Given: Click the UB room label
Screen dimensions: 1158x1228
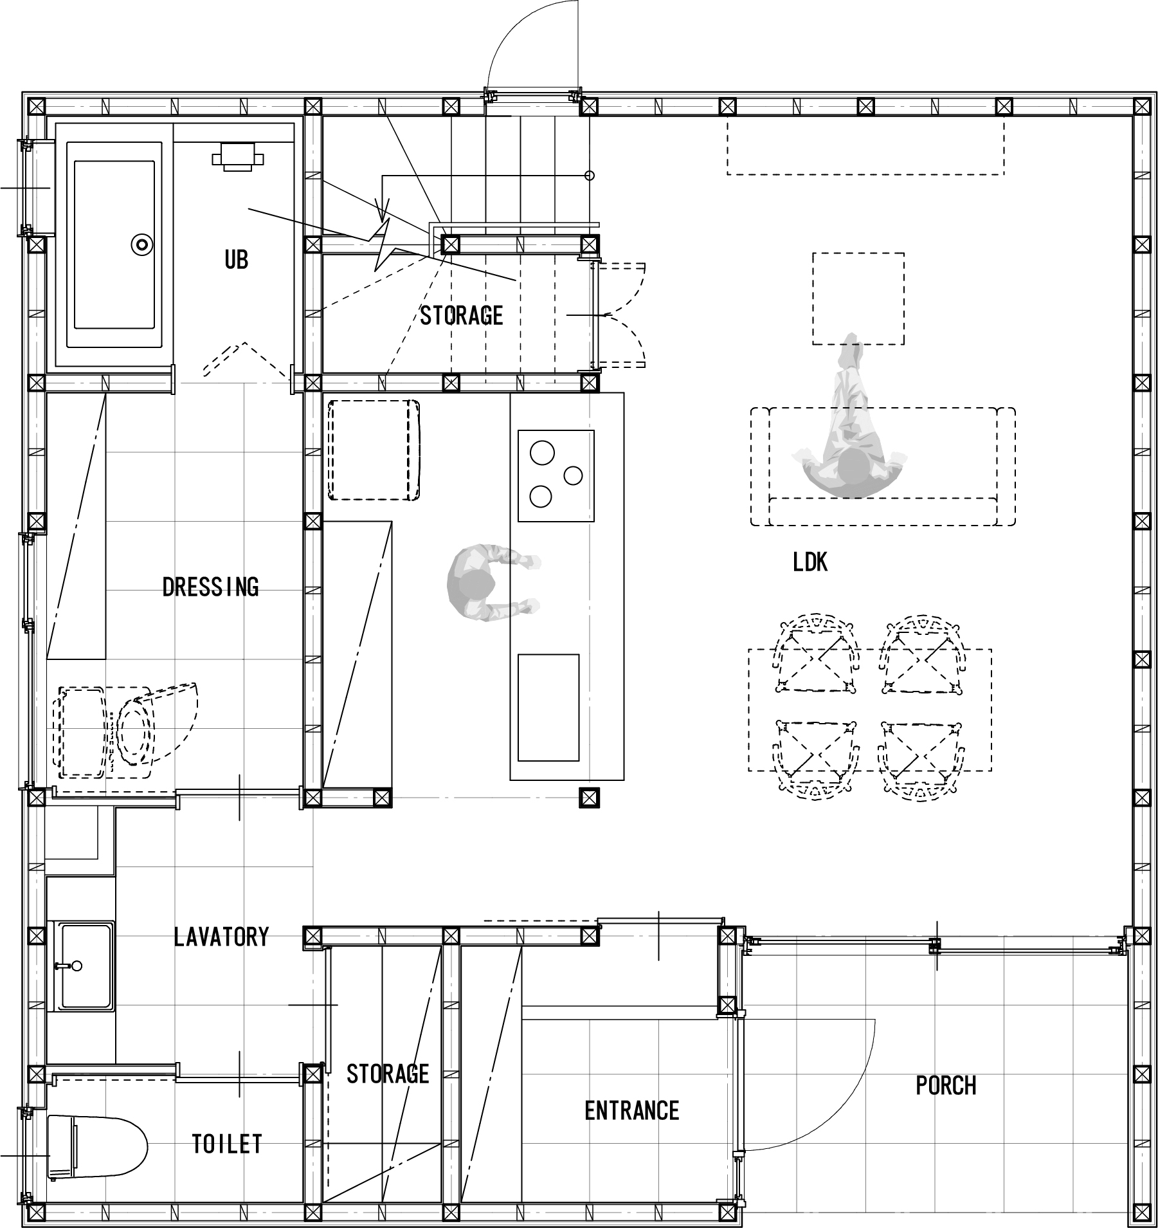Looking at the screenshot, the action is point(236,259).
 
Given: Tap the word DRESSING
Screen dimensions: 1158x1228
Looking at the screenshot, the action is point(210,587).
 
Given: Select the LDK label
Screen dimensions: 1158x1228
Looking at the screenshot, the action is point(810,563).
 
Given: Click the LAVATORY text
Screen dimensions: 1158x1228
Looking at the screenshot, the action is point(221,937).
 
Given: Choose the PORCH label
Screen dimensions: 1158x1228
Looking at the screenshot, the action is point(946,1086).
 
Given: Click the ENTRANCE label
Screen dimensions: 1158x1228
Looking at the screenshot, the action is point(632,1111).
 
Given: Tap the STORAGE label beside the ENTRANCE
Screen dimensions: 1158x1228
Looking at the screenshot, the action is point(388,1074).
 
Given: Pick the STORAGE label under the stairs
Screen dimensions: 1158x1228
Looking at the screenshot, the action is point(462,315).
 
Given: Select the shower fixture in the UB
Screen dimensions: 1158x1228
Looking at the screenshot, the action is point(238,156).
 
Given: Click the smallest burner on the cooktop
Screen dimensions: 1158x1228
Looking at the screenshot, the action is point(572,475).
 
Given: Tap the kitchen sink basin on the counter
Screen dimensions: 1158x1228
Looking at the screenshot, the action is point(548,706).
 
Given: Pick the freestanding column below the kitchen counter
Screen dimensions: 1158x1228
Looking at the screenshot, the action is point(589,798).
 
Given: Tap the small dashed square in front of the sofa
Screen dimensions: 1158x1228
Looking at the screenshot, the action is point(858,298).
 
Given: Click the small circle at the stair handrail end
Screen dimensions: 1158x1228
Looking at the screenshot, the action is point(590,175).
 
